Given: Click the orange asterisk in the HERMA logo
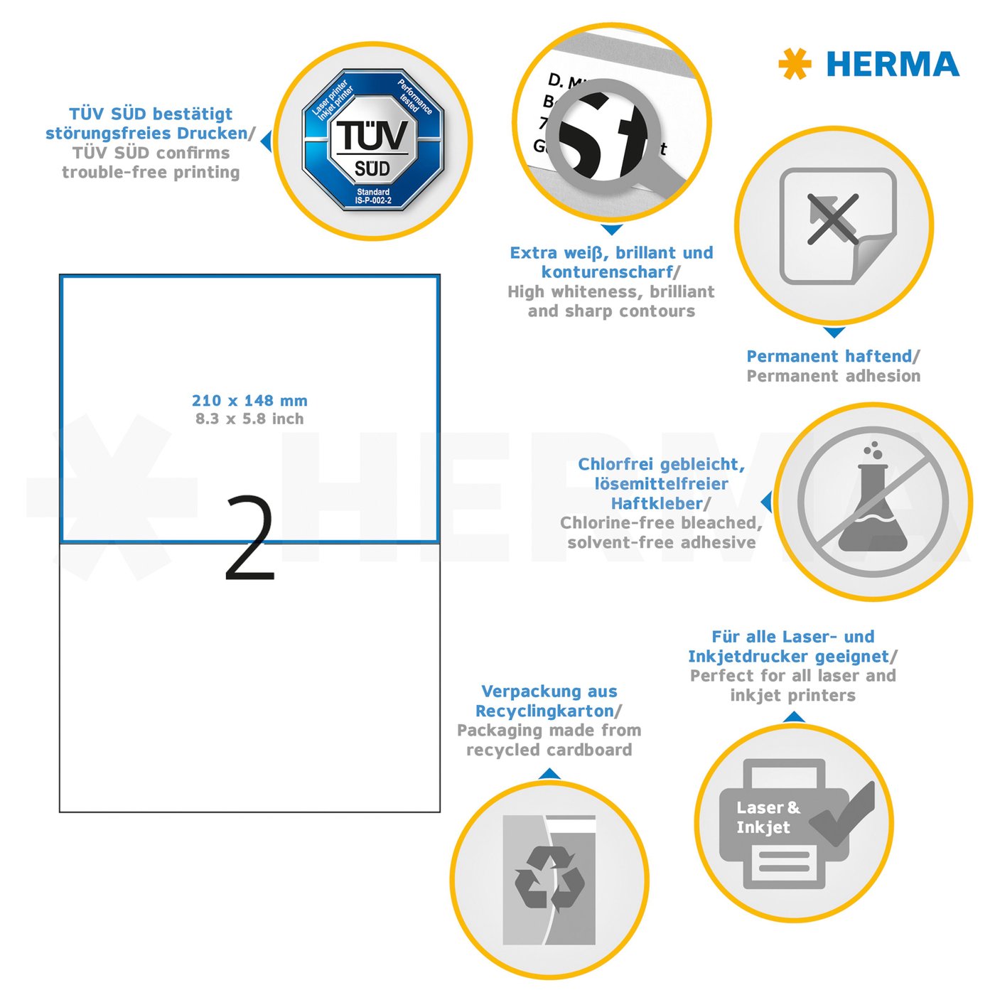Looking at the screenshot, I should coord(795,64).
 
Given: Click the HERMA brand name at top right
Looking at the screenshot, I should coord(893,65).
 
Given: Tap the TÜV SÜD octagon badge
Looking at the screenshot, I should coord(372,140).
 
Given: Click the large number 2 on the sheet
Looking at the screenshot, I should coord(250,538).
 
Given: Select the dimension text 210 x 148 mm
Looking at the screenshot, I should coord(249,401).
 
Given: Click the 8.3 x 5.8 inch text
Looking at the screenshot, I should coord(249,419).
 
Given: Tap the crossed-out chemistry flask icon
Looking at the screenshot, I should coord(873,502).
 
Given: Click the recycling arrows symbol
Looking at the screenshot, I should coord(549,879).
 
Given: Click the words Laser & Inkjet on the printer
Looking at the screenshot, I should coord(767,817).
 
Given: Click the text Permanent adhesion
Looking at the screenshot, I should coord(833,376).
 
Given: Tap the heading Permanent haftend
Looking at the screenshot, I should coord(829,357).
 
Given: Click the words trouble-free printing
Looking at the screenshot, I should coord(151,173).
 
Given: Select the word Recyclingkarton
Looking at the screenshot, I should coord(544,711).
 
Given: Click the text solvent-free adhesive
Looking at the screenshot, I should coord(661,543).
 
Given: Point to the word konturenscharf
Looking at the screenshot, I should coord(607,272).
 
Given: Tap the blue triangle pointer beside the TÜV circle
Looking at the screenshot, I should coord(266,141).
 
